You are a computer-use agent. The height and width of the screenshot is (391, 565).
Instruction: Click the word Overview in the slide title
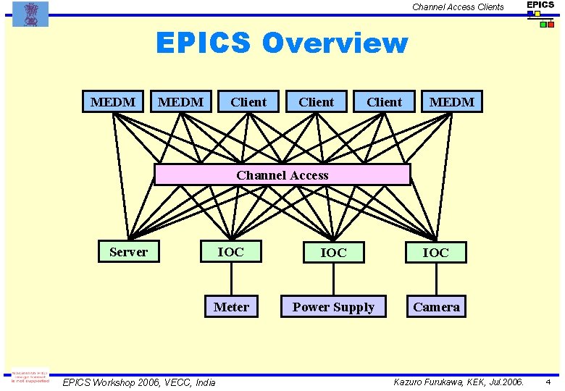335,43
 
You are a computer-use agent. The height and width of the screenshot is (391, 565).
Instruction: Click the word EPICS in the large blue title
204,43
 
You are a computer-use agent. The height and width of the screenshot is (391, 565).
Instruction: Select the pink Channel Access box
282,175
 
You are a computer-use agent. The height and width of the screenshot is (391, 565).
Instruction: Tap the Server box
128,252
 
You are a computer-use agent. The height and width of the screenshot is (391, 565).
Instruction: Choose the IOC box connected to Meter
231,252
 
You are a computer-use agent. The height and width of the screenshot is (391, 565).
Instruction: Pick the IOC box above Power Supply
333,253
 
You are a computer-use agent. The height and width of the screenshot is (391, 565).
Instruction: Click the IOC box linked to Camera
435,253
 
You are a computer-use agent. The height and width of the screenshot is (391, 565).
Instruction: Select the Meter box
231,307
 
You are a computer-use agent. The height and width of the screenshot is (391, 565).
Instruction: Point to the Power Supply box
333,307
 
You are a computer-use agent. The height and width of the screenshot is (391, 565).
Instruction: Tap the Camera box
436,307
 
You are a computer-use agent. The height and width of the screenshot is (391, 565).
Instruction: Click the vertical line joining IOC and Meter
231,279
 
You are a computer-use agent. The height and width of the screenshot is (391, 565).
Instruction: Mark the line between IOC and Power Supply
333,279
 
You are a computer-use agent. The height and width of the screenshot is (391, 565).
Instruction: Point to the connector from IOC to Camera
436,279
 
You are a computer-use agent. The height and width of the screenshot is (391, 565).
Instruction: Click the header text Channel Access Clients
458,7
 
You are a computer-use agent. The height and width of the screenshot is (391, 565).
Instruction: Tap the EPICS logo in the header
540,10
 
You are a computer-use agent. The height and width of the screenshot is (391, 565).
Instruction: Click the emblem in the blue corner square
30,13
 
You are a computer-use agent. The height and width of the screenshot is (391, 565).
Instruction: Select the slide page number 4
548,382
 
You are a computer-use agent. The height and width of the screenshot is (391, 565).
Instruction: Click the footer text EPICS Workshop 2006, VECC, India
139,382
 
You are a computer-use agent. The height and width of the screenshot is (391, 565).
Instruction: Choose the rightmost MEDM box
452,102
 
